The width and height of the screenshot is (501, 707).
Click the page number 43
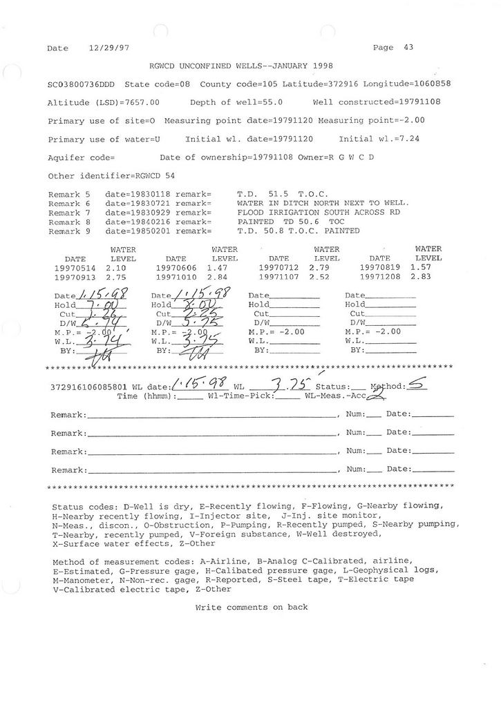(x=408, y=48)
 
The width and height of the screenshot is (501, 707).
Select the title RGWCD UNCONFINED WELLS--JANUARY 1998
(x=241, y=66)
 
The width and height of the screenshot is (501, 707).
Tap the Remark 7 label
(x=69, y=213)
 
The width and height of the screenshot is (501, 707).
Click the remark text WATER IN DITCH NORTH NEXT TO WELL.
(x=323, y=204)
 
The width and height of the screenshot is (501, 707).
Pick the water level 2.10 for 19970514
(x=115, y=267)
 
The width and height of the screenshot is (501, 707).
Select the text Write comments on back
(x=252, y=608)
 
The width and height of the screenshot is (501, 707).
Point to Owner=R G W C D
(x=339, y=157)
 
